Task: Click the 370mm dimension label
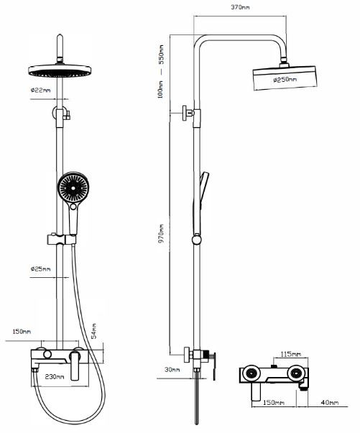pyautogui.click(x=240, y=7)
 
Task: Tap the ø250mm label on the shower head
pyautogui.click(x=285, y=80)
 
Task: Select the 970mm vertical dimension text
pyautogui.click(x=161, y=233)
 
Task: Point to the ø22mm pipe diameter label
pyautogui.click(x=41, y=90)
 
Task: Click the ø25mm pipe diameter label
pyautogui.click(x=41, y=269)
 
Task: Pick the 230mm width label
pyautogui.click(x=55, y=376)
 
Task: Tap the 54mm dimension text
pyautogui.click(x=94, y=331)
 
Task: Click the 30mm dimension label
pyautogui.click(x=172, y=370)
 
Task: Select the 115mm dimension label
pyautogui.click(x=290, y=354)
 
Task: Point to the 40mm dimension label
pyautogui.click(x=330, y=402)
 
